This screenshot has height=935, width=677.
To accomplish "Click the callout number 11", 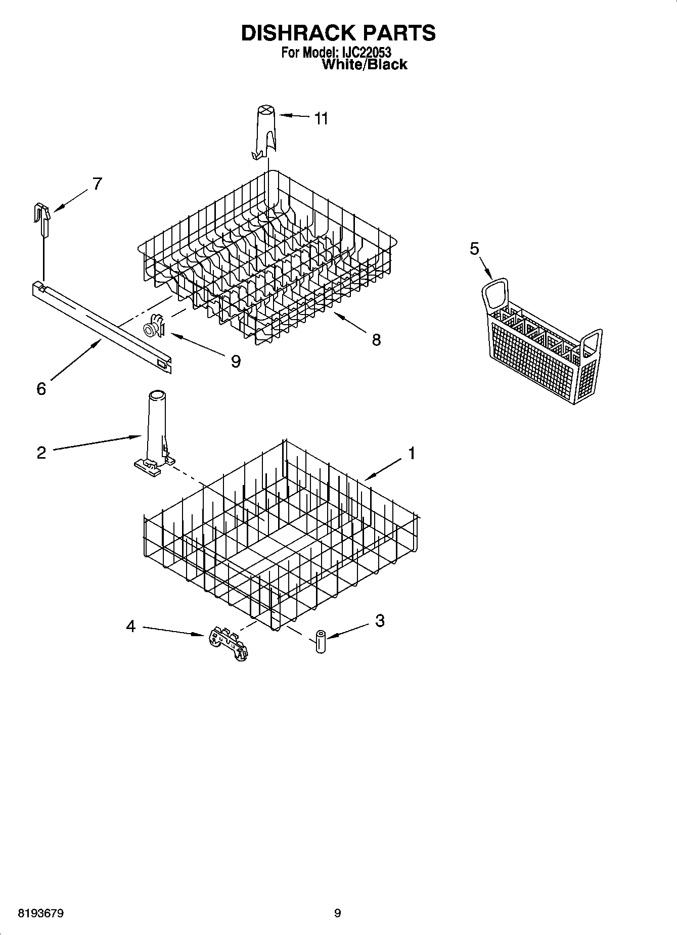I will click(321, 119).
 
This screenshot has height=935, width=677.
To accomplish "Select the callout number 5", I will click(474, 249).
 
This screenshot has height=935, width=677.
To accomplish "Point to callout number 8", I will click(376, 339).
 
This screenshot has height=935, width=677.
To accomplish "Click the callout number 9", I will click(236, 361).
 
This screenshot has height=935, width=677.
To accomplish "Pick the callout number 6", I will click(41, 388).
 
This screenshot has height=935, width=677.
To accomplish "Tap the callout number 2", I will click(41, 452).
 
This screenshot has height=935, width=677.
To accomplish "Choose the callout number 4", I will click(131, 627).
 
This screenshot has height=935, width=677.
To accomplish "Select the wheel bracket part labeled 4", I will click(228, 644).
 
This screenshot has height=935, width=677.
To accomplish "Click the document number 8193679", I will click(40, 913).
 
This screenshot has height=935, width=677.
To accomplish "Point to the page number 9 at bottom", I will click(338, 913).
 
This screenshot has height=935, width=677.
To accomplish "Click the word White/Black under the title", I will click(364, 64).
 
